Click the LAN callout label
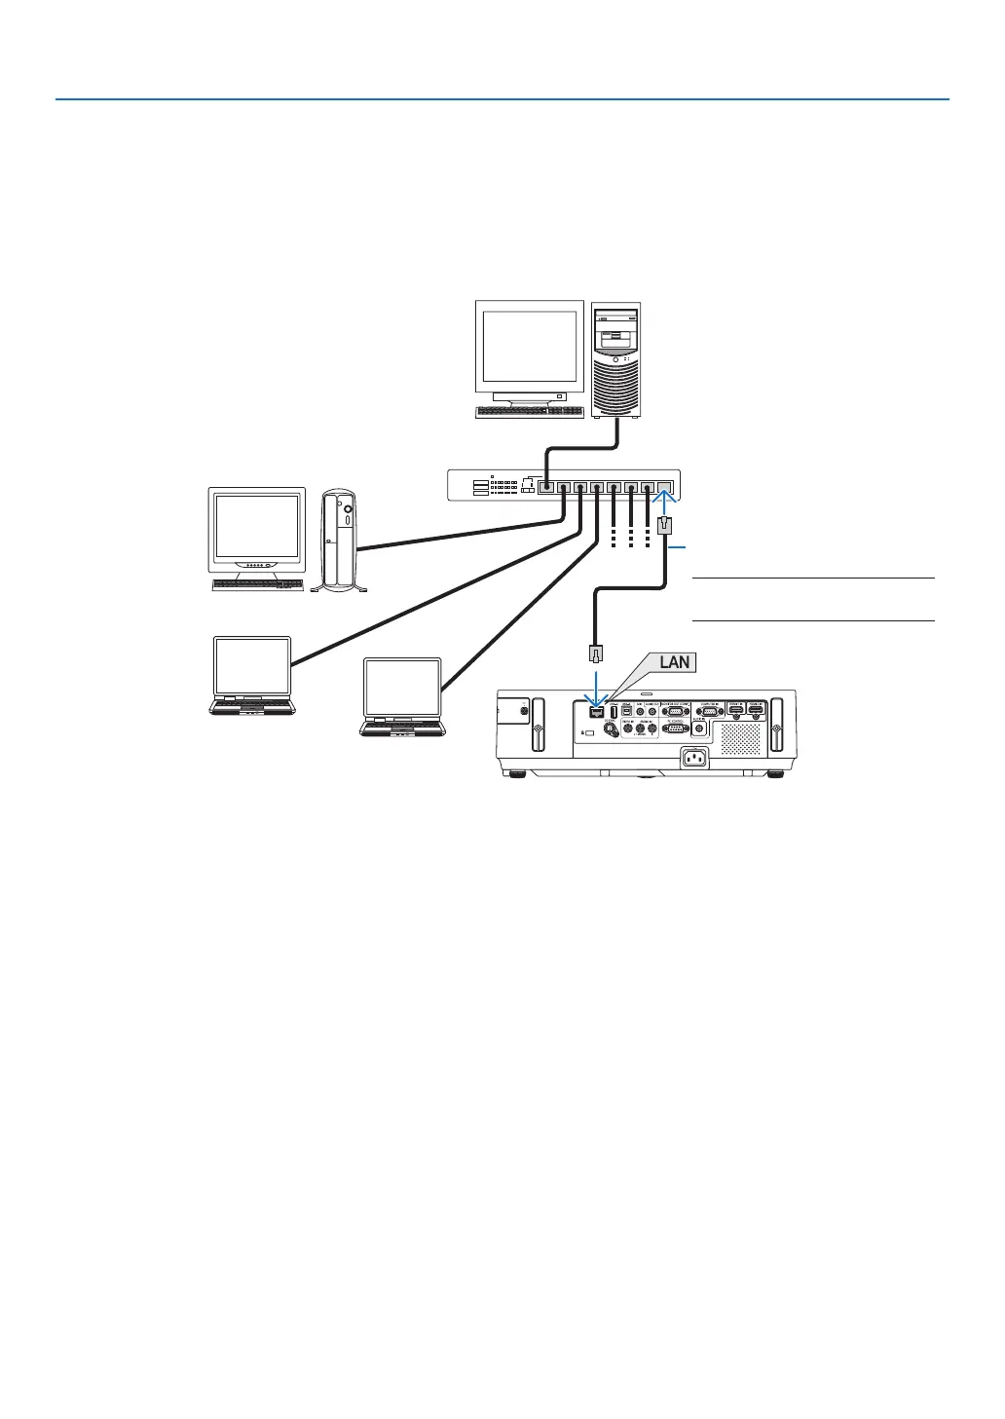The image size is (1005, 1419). click(x=674, y=662)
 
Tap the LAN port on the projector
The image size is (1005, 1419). click(x=596, y=710)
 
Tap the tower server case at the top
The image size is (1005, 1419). click(x=616, y=359)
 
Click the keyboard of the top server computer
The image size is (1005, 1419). click(x=528, y=412)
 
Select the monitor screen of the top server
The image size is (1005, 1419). click(x=529, y=348)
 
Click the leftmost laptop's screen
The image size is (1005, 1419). click(x=252, y=665)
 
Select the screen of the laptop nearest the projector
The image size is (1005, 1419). click(x=402, y=688)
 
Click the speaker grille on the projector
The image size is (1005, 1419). click(x=740, y=738)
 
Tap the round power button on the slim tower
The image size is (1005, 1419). click(x=348, y=507)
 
